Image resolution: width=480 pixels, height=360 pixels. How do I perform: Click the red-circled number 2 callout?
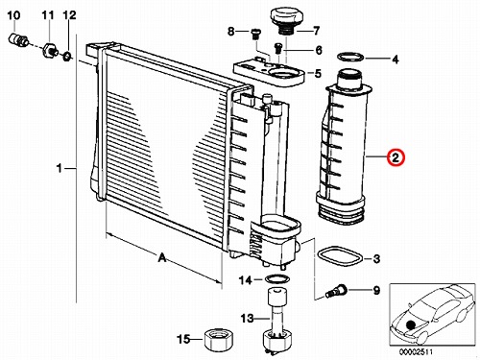(x=396, y=157)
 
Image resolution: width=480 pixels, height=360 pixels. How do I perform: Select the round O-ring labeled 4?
(x=350, y=57)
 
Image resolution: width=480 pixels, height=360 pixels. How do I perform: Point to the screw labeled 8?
(x=255, y=34)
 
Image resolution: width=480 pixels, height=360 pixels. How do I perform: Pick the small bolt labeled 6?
(x=277, y=48)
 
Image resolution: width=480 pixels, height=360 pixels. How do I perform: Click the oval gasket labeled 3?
(x=340, y=256)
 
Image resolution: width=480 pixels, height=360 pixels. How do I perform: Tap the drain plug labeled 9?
(x=336, y=291)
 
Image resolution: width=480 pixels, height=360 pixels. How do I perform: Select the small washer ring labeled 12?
(x=67, y=57)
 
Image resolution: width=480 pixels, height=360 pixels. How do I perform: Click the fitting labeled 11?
(x=50, y=50)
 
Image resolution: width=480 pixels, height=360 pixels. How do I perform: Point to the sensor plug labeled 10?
(x=18, y=39)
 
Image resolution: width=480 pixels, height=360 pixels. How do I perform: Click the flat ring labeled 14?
(x=277, y=278)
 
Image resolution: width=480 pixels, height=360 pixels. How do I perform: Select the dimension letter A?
(x=162, y=257)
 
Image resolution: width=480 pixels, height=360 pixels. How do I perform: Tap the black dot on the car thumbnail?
(x=411, y=324)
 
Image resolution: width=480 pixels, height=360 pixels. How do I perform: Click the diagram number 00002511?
(x=416, y=351)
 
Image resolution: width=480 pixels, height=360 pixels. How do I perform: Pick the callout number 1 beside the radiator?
(x=59, y=168)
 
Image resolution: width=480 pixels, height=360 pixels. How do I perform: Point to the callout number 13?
(x=247, y=319)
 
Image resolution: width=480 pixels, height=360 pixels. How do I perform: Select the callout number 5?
(x=318, y=74)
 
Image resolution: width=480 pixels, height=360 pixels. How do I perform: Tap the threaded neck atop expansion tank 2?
(x=349, y=77)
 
